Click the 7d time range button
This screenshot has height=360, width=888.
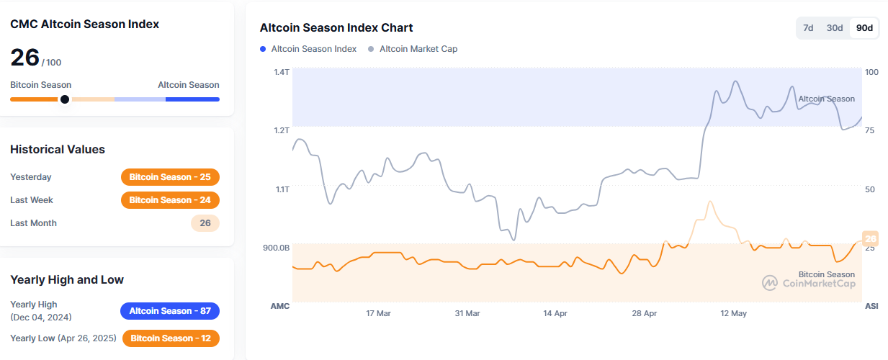[808, 28]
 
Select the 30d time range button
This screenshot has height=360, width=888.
[834, 28]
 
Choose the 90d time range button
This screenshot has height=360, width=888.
[864, 28]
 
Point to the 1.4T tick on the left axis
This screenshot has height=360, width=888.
[281, 72]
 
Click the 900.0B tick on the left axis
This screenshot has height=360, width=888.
[277, 248]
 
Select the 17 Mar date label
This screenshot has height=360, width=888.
[378, 313]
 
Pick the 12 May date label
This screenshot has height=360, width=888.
[734, 313]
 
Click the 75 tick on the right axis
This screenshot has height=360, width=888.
[869, 130]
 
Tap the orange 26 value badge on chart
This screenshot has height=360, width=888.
[870, 239]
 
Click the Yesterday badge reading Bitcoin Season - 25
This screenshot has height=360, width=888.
[170, 177]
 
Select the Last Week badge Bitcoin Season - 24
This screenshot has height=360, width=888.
[170, 200]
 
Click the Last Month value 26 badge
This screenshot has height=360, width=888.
[205, 223]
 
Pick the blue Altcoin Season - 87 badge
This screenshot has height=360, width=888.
[170, 311]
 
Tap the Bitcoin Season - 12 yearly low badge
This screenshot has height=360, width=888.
[171, 338]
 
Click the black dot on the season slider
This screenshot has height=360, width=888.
[65, 99]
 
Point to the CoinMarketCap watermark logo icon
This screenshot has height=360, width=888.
[769, 283]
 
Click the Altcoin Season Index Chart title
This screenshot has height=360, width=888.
[336, 28]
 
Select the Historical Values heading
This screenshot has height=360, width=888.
[58, 150]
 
